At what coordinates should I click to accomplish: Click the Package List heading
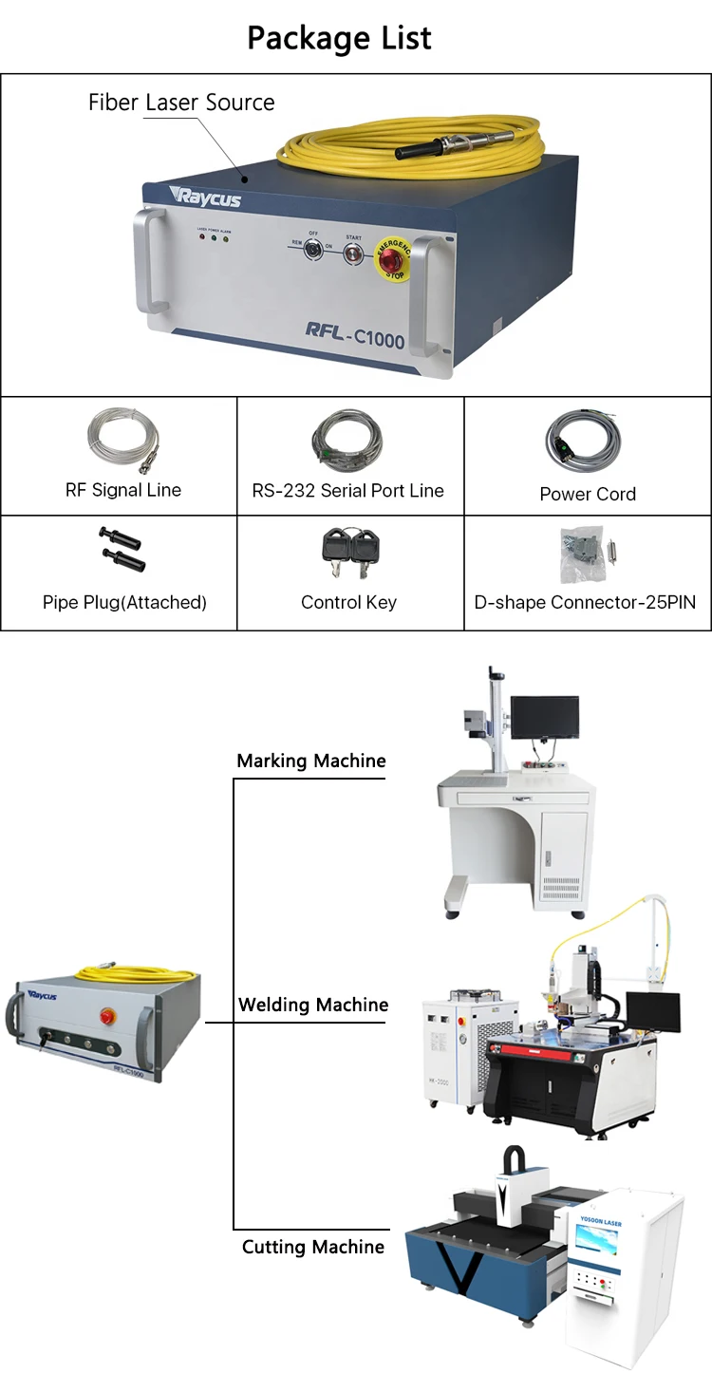click(x=339, y=38)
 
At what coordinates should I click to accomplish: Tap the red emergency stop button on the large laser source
click(x=394, y=257)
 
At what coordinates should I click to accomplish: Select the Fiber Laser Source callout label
click(x=181, y=103)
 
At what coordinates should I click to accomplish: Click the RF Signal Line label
click(x=122, y=490)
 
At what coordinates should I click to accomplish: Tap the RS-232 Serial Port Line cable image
click(x=347, y=442)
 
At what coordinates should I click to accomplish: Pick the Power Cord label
click(x=588, y=494)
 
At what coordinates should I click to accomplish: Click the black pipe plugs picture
click(x=121, y=550)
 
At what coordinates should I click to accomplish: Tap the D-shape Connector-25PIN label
click(x=585, y=602)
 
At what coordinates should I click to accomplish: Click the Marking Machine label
click(x=311, y=761)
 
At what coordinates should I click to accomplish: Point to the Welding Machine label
click(x=313, y=1005)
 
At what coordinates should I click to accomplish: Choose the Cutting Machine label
click(x=313, y=1247)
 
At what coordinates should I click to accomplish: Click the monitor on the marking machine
click(x=544, y=717)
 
